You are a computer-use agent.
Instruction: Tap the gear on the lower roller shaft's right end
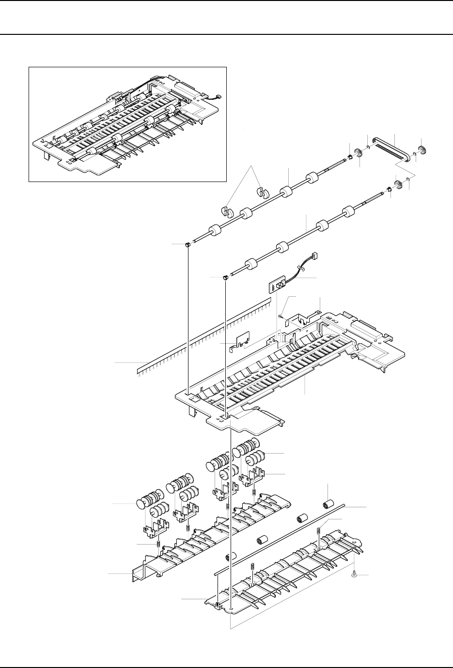(398, 184)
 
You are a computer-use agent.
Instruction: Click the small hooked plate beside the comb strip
(241, 339)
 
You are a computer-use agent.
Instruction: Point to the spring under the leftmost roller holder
(158, 545)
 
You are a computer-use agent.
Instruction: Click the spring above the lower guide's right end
(318, 531)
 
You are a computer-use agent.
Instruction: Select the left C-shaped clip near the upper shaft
(227, 211)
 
